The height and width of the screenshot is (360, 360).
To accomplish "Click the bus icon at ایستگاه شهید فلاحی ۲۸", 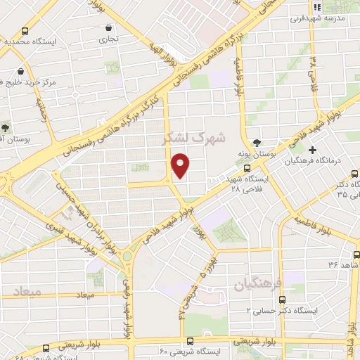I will [247, 168].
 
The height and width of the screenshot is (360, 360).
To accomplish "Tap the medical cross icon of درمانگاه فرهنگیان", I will [311, 150].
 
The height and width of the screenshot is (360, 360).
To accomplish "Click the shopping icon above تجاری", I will [108, 28].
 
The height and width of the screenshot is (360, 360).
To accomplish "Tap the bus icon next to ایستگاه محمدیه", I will [26, 31].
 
